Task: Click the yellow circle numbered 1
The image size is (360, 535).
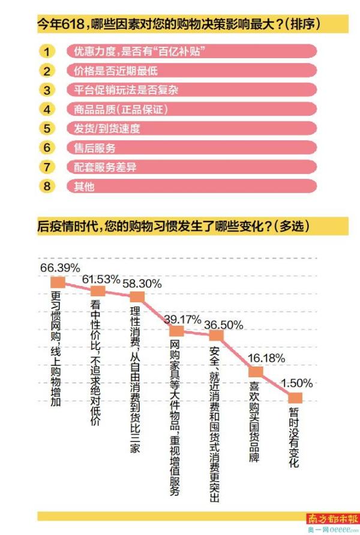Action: click(x=48, y=52)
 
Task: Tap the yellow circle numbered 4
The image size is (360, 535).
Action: click(x=48, y=109)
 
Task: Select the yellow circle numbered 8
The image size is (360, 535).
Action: click(x=48, y=186)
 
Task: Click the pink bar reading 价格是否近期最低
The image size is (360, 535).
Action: click(x=191, y=71)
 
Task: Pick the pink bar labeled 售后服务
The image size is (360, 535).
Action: click(x=191, y=148)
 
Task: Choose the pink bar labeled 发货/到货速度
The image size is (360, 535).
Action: click(x=191, y=128)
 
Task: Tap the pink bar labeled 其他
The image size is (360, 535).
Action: click(x=191, y=186)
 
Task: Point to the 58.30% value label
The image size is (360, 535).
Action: click(x=142, y=284)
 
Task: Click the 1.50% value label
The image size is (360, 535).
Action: click(x=297, y=383)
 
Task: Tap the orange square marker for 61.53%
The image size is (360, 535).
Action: click(x=97, y=291)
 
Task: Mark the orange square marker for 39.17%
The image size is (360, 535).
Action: click(x=176, y=330)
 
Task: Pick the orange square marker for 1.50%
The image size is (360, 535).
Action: click(x=295, y=397)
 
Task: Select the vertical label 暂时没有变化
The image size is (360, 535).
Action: click(x=295, y=437)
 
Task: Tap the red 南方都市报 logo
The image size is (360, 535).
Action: click(x=333, y=518)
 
